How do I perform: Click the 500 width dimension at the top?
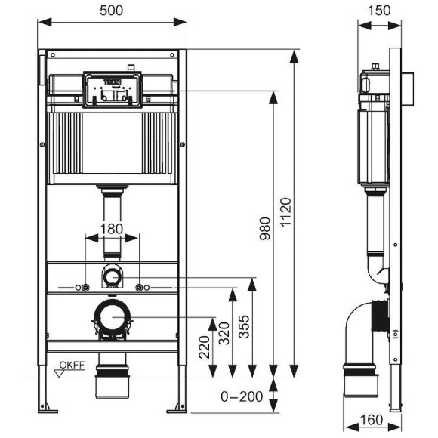pyautogui.click(x=112, y=10)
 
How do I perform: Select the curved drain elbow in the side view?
pyautogui.click(x=361, y=325)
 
